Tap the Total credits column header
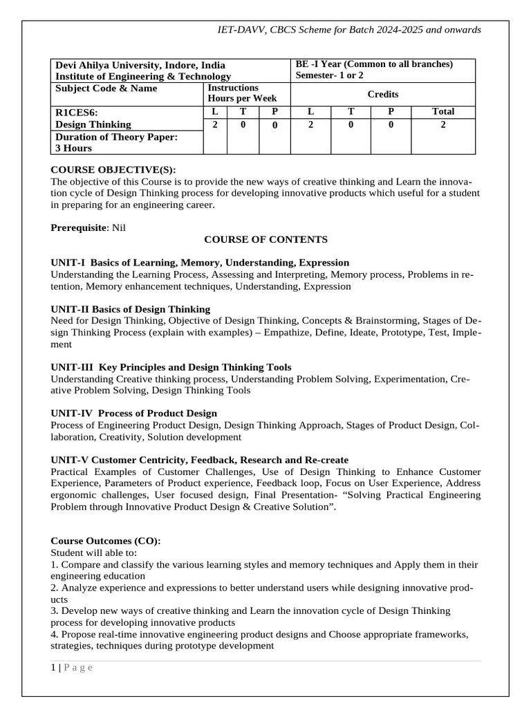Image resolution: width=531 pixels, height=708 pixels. point(443,111)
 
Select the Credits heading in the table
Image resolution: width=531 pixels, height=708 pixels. point(382,94)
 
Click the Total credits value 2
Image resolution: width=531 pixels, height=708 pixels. point(443,124)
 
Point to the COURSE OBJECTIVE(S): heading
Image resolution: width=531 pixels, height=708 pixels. point(113,170)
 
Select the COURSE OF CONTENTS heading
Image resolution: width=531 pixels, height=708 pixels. point(256,239)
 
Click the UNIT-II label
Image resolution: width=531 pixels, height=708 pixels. point(70,309)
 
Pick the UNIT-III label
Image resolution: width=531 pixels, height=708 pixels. point(73,367)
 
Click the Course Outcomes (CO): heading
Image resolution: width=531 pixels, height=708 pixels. point(106,541)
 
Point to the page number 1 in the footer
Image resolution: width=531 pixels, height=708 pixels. point(53,667)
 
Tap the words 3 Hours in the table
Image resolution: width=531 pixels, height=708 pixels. point(73,148)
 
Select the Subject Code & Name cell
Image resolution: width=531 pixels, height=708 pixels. point(106,88)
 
